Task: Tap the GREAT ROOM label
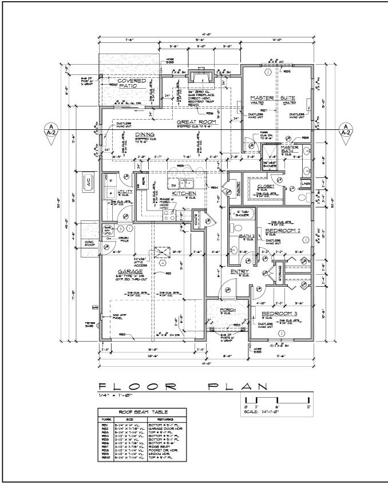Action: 195,122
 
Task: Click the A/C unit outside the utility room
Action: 89,180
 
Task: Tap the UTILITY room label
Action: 125,192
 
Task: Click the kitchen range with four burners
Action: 169,215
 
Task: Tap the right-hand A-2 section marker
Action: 346,130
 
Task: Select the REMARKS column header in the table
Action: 162,419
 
